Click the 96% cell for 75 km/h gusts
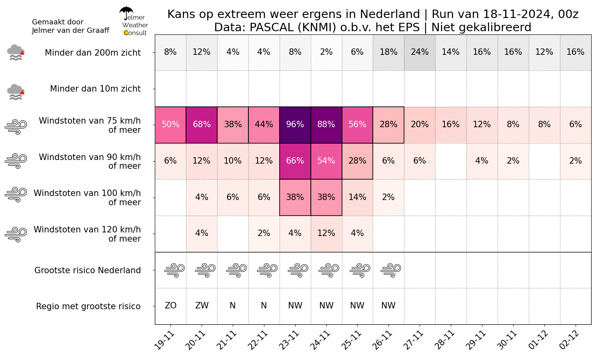point(295,125)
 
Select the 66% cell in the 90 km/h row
point(295,161)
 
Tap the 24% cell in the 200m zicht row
point(420,52)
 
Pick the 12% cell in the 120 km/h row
point(326,234)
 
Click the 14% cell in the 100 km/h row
point(357,198)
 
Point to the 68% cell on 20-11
point(202,125)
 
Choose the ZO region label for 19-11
point(171,305)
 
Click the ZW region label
point(202,305)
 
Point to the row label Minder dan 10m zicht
point(95,89)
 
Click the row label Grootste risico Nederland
point(88,270)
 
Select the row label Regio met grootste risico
point(88,306)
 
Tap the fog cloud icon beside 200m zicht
point(16,52)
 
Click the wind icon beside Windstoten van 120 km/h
point(16,235)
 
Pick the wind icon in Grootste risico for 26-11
point(391,270)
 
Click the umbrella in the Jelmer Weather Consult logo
point(126,13)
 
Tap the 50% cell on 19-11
point(171,125)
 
